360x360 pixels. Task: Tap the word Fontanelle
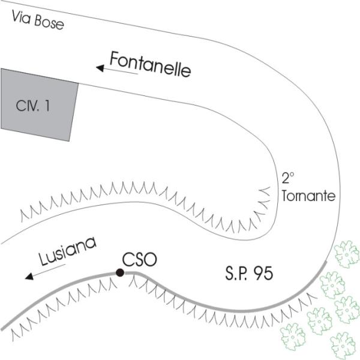pos(150,64)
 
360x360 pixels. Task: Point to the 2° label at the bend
pos(289,178)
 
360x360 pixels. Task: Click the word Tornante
pos(306,196)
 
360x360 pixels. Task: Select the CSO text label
pos(140,260)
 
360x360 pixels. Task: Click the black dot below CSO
pos(120,273)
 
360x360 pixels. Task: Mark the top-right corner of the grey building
pos(79,83)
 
